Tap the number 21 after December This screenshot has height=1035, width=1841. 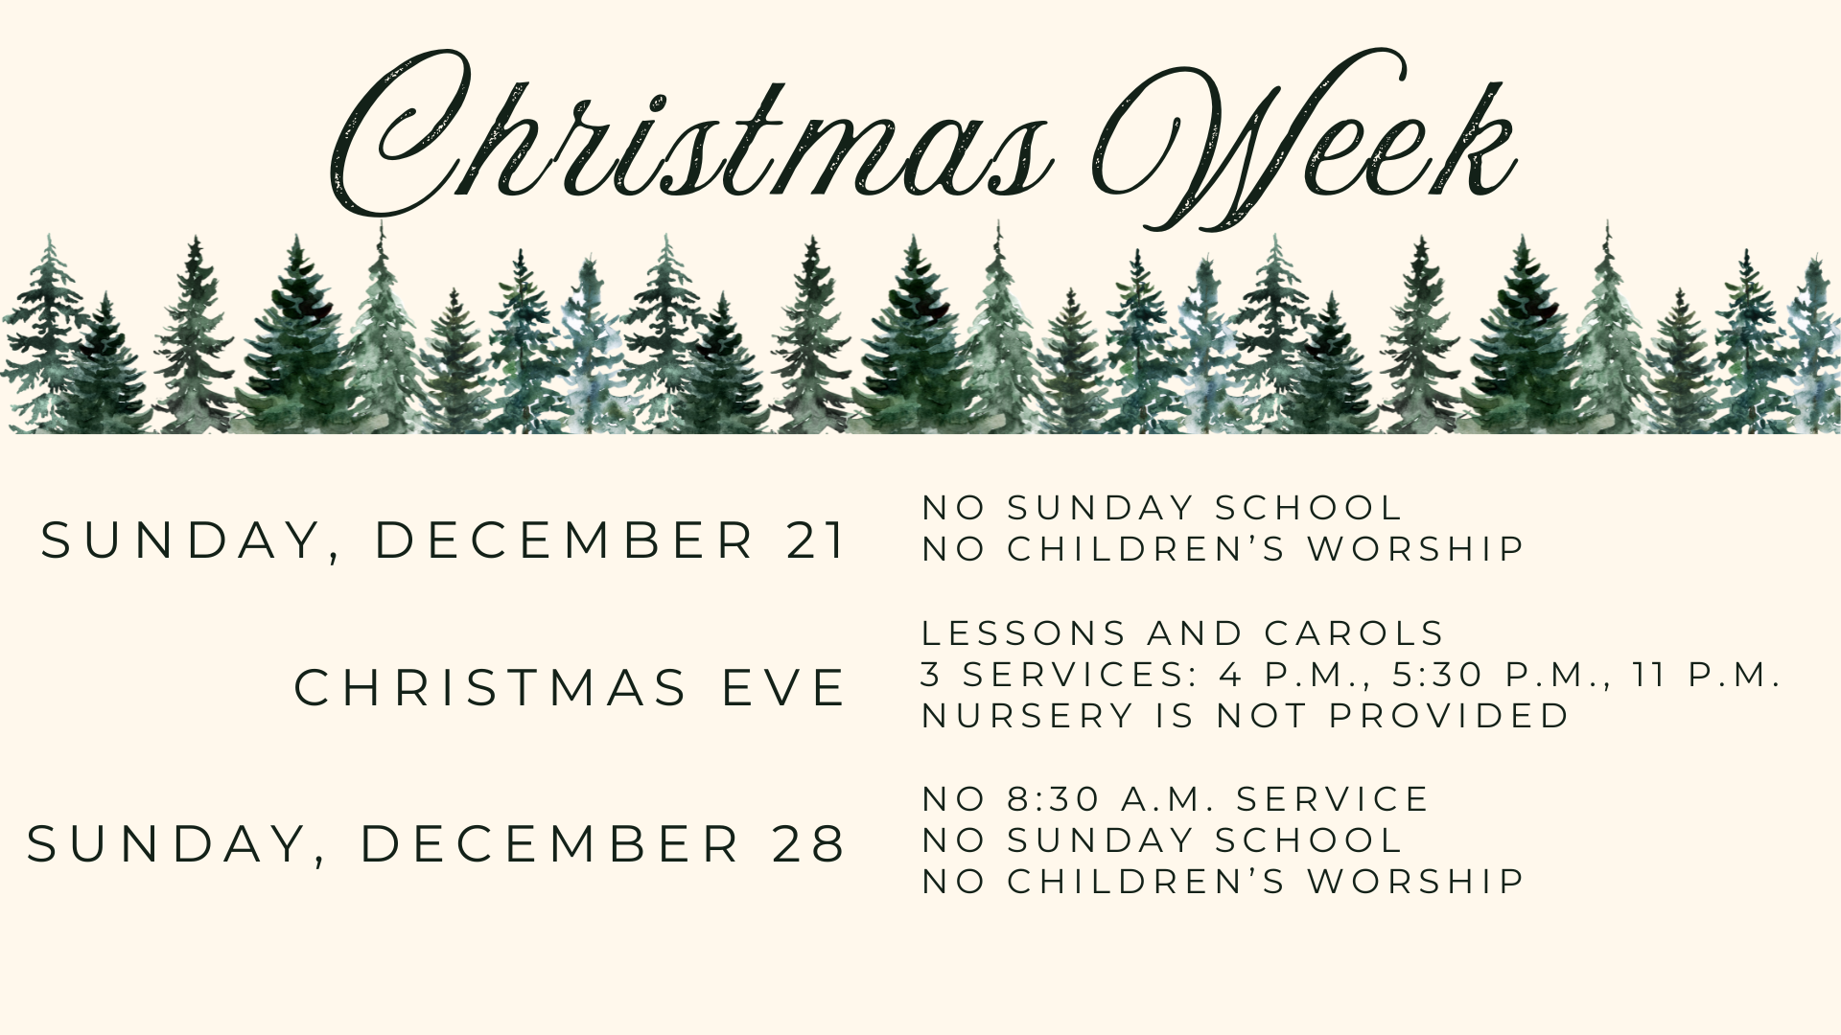coord(816,540)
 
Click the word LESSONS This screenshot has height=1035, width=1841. coord(1025,633)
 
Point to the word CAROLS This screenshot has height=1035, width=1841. coord(1355,633)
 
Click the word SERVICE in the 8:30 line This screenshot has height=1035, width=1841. coord(1333,799)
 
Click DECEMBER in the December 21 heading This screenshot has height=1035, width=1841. coord(566,540)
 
